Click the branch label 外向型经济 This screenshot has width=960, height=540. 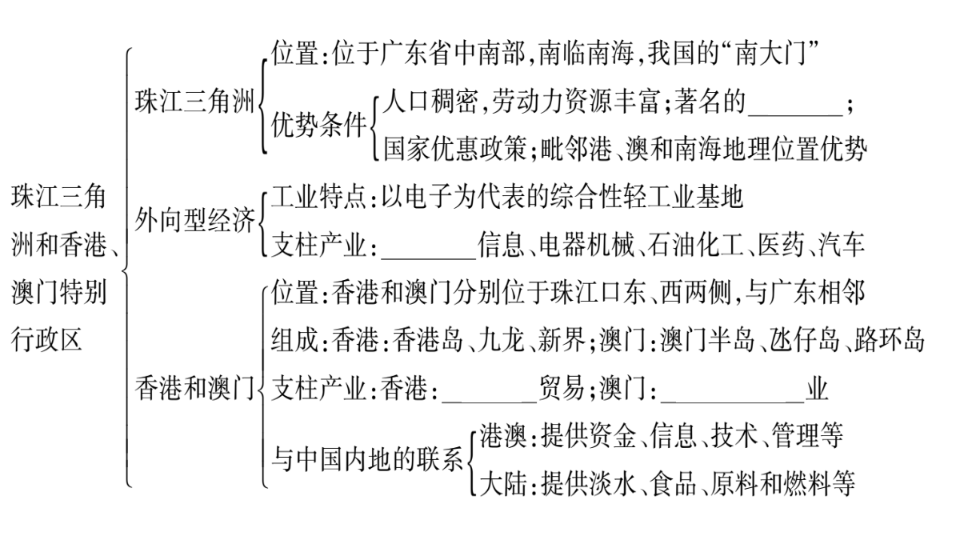click(195, 221)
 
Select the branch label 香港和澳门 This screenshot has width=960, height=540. click(195, 388)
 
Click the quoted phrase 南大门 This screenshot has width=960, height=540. click(770, 54)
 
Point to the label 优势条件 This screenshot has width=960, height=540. click(319, 125)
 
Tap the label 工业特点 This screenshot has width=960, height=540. click(319, 197)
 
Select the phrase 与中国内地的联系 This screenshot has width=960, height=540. click(367, 459)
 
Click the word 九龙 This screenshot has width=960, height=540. click(502, 340)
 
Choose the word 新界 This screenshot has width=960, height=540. click(562, 340)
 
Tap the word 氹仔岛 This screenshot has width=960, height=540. click(805, 340)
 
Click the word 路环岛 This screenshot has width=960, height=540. click(889, 340)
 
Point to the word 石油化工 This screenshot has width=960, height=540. click(695, 245)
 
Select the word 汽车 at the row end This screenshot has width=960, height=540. click(841, 245)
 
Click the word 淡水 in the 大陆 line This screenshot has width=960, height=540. click(613, 483)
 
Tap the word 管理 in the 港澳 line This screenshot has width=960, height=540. click(795, 435)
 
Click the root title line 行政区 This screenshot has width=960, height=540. click(46, 339)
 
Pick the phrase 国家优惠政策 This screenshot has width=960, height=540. click(454, 149)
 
